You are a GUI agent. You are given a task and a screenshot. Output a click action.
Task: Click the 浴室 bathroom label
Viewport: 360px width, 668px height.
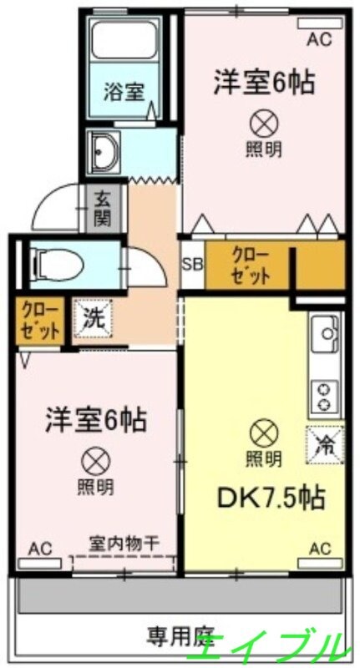tap(124, 91)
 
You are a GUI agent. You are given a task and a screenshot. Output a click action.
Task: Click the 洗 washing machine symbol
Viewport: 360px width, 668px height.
tap(91, 318)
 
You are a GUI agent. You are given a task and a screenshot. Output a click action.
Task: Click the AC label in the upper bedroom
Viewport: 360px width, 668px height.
tap(319, 38)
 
